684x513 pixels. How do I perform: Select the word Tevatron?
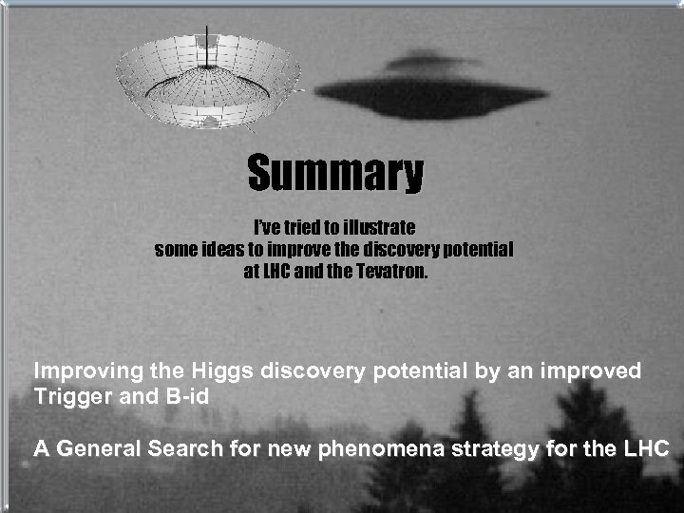point(390,271)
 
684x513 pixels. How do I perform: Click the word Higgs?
point(223,371)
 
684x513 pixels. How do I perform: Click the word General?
point(98,447)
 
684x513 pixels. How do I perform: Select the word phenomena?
point(372,447)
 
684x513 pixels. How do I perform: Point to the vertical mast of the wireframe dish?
point(206,47)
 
